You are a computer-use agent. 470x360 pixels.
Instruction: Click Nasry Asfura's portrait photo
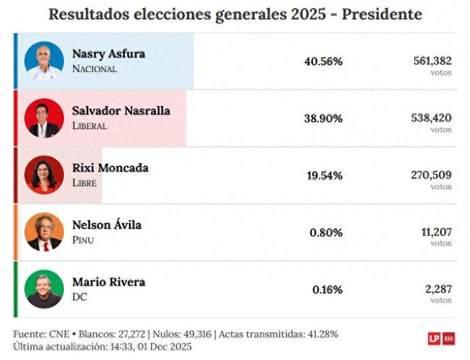coord(44,61)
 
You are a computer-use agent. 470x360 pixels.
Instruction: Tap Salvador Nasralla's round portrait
coord(44,118)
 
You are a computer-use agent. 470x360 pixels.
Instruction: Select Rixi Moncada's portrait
coord(44,175)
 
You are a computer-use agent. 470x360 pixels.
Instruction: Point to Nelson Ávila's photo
coord(44,232)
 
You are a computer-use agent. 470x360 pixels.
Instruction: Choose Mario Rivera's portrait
coord(44,289)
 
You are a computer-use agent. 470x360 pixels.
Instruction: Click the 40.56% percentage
coord(323,62)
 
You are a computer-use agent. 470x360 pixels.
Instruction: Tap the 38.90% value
coord(323,118)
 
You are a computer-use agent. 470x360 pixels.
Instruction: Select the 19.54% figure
coord(323,176)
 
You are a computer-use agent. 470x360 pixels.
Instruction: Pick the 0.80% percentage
coord(326,233)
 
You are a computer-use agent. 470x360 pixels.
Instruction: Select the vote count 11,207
coord(436,231)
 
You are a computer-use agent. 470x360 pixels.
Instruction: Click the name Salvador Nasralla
coord(121,111)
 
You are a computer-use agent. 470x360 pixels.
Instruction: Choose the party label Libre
coord(84,182)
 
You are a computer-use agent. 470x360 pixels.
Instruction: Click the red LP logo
coord(434,339)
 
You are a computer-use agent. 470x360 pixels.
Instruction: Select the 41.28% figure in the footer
coord(322,334)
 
